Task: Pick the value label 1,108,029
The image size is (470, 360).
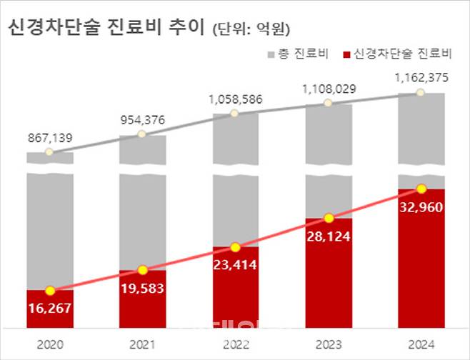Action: pyautogui.click(x=328, y=88)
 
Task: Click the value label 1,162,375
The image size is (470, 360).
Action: pyautogui.click(x=421, y=78)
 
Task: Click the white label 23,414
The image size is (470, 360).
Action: pyautogui.click(x=236, y=265)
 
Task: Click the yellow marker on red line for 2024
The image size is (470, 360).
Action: pyautogui.click(x=421, y=189)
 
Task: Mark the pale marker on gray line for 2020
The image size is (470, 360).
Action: pyautogui.click(x=49, y=152)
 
